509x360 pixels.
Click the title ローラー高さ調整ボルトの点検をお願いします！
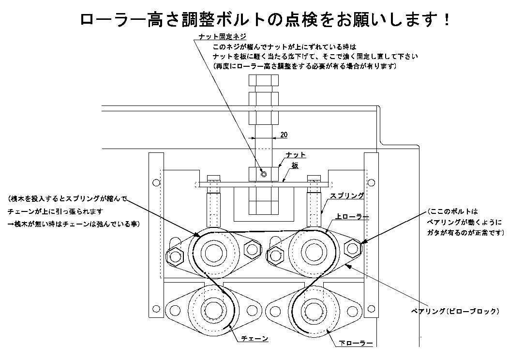pyautogui.click(x=266, y=20)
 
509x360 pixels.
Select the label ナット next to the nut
pyautogui.click(x=296, y=154)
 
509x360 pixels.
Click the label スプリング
pyautogui.click(x=347, y=196)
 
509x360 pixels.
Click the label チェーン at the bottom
pyautogui.click(x=254, y=339)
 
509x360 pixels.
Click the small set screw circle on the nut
pyautogui.click(x=262, y=174)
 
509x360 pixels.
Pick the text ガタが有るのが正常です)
pyautogui.click(x=465, y=233)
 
